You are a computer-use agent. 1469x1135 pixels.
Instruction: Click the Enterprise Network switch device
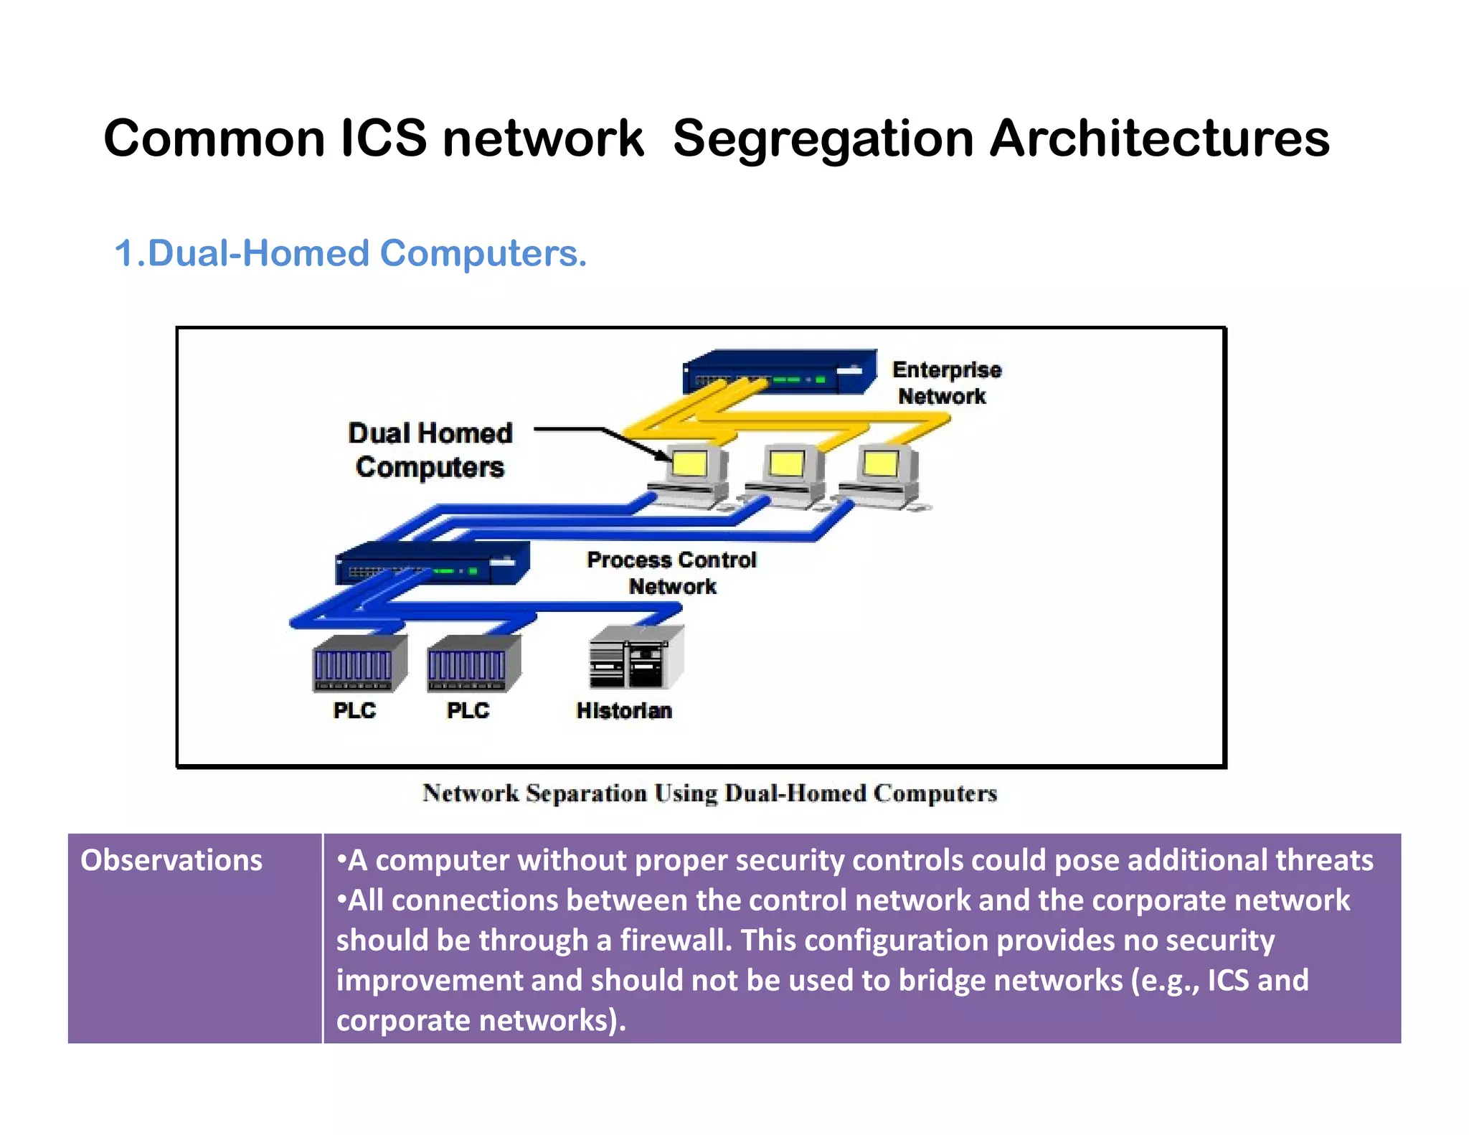(x=780, y=372)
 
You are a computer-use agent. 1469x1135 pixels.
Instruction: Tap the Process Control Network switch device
(x=433, y=563)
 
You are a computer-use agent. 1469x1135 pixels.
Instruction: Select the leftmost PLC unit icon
(x=359, y=664)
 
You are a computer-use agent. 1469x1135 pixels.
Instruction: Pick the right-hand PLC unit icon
(x=473, y=664)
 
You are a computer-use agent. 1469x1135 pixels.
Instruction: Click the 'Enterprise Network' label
(x=945, y=383)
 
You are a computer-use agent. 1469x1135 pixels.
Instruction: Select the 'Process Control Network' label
(x=671, y=573)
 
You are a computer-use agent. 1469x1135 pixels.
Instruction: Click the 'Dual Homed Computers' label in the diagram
(x=430, y=450)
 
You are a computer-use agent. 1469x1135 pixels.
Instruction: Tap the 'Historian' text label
(x=624, y=710)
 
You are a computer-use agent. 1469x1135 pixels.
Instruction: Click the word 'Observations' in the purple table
(x=171, y=860)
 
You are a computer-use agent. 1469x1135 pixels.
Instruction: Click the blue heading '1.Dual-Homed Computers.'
(x=351, y=253)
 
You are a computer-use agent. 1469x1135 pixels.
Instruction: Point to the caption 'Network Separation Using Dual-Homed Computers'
(x=709, y=793)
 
